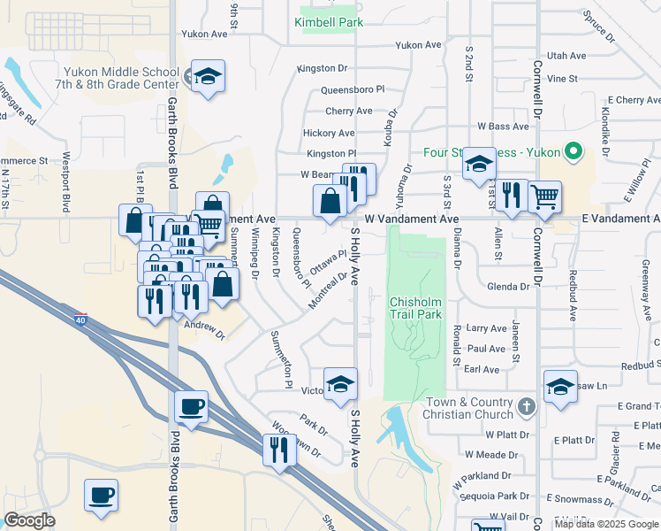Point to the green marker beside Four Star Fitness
pyautogui.click(x=572, y=151)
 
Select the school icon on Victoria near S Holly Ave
pyautogui.click(x=340, y=384)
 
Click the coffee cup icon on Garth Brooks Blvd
pyautogui.click(x=191, y=408)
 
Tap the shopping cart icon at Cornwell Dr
pyautogui.click(x=544, y=196)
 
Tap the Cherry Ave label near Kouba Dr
pyautogui.click(x=348, y=111)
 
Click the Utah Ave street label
pyautogui.click(x=566, y=55)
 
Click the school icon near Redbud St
pyautogui.click(x=560, y=387)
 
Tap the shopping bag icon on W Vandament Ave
pyautogui.click(x=330, y=200)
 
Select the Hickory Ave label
pyautogui.click(x=329, y=133)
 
